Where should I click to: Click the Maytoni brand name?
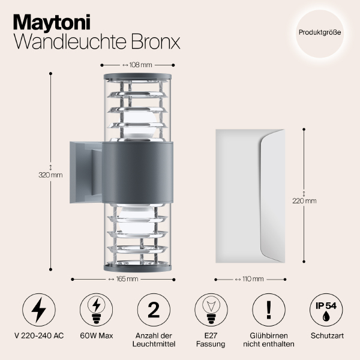pyautogui.click(x=53, y=22)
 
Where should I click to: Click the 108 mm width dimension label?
pyautogui.click(x=139, y=64)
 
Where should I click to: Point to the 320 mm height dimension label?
pyautogui.click(x=50, y=175)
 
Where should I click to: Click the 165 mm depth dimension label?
pyautogui.click(x=125, y=278)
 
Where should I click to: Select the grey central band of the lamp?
pyautogui.click(x=139, y=173)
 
